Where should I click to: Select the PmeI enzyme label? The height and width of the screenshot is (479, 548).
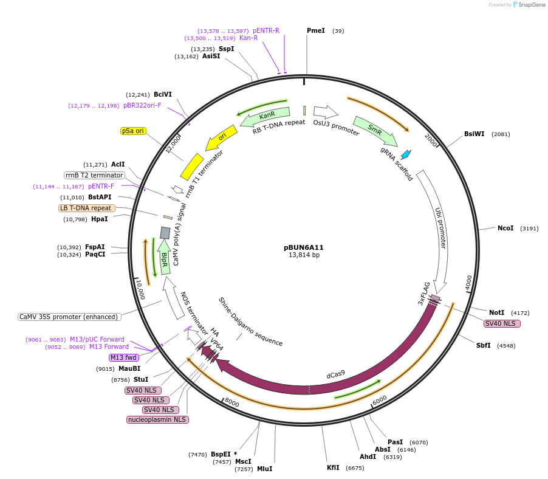coord(316,30)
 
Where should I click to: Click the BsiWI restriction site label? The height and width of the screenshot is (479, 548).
coord(474,134)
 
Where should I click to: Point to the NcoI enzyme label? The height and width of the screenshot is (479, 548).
coord(505,229)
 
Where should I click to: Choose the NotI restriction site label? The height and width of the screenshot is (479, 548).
coord(496,312)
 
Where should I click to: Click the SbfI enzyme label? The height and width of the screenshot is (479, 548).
coord(484,346)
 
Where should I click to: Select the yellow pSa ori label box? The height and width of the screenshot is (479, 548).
coord(133,131)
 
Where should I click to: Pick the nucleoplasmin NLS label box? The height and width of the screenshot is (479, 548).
coord(158,419)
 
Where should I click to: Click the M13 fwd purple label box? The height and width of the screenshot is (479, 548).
coord(123,357)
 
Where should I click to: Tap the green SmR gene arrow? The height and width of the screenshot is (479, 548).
coord(375,131)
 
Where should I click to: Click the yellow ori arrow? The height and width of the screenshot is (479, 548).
coord(222,136)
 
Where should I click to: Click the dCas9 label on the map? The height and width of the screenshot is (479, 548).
coord(336,374)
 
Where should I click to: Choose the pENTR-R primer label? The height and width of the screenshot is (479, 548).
coord(266,30)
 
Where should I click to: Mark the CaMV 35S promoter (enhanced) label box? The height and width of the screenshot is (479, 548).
coord(69,317)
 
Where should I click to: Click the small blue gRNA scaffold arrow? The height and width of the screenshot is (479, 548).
coord(405,154)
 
